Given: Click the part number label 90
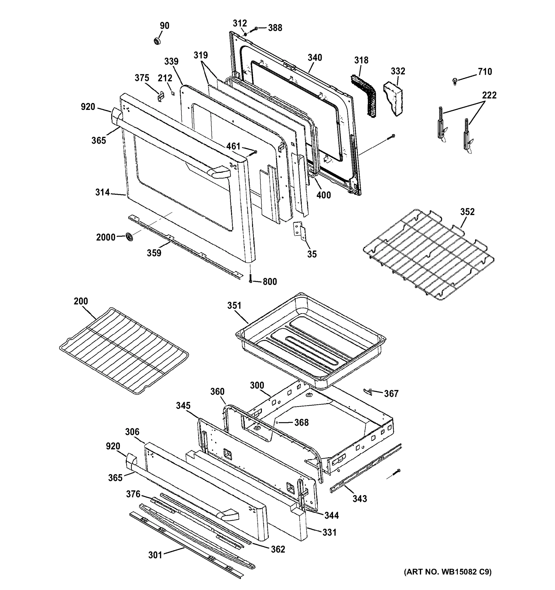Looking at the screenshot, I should pyautogui.click(x=164, y=26).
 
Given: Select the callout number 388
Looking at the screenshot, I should pyautogui.click(x=275, y=28).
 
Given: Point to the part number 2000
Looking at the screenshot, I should pyautogui.click(x=106, y=237).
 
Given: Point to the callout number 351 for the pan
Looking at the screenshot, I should pyautogui.click(x=234, y=305).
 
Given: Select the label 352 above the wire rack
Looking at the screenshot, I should pyautogui.click(x=467, y=212).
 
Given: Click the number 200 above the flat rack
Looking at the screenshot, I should pyautogui.click(x=81, y=301).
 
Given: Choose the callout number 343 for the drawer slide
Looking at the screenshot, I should pyautogui.click(x=360, y=499).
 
